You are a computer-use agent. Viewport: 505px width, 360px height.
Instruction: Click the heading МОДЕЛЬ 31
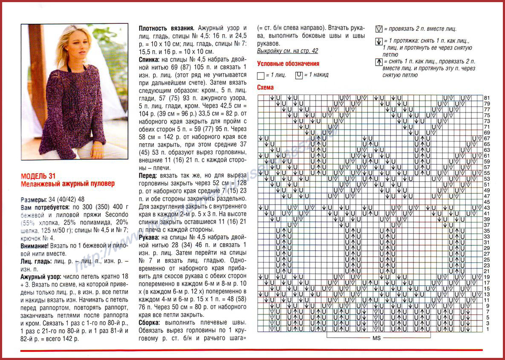click(x=38, y=176)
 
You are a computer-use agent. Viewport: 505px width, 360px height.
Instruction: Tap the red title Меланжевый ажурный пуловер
click(x=68, y=184)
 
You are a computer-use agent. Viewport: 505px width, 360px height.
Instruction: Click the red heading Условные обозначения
click(x=288, y=64)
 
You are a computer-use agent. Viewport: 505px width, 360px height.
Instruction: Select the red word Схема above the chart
click(x=265, y=88)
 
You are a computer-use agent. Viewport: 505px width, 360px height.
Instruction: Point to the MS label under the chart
click(x=376, y=338)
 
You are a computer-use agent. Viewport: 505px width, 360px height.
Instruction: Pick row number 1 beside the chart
click(x=487, y=329)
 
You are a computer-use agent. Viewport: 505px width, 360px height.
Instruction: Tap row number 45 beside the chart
click(x=487, y=202)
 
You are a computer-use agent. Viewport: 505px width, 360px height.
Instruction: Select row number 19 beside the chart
click(x=487, y=277)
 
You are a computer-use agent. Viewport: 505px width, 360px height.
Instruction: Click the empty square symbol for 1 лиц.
click(x=261, y=75)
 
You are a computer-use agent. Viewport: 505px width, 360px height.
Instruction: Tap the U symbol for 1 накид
click(x=298, y=75)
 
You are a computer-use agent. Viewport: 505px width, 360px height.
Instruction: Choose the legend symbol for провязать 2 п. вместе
click(x=378, y=29)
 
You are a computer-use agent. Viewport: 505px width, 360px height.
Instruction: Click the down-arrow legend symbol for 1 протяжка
click(x=378, y=41)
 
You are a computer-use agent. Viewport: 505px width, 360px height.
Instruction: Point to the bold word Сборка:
click(x=150, y=323)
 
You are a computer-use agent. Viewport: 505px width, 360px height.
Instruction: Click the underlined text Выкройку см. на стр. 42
click(x=288, y=51)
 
